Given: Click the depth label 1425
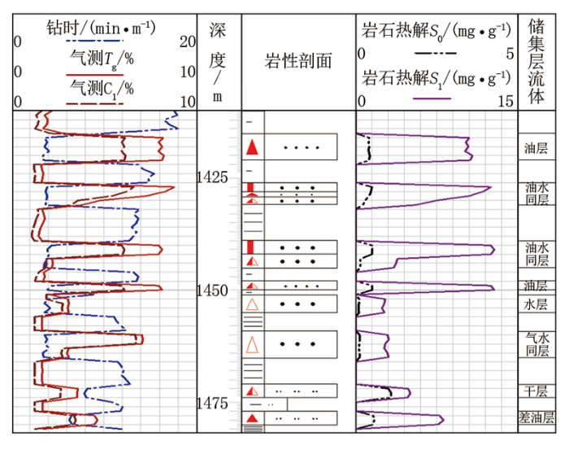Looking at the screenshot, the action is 212,177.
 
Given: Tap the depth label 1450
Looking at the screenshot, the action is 212,290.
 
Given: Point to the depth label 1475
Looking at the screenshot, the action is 212,404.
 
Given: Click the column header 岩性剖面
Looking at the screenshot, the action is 298,61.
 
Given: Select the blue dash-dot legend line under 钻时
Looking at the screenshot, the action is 95,41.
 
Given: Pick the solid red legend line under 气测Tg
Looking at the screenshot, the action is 95,75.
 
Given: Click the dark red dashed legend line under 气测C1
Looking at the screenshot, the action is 95,104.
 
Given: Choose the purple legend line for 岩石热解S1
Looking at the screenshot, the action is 432,98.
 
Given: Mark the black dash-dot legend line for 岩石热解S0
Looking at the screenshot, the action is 436,54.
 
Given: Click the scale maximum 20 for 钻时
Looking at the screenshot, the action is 188,42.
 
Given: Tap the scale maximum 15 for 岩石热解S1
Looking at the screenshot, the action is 506,102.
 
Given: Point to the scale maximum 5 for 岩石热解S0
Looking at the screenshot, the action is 510,54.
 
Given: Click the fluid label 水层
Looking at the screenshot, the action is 536,304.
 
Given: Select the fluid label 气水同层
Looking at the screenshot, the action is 537,344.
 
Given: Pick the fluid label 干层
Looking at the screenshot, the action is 536,391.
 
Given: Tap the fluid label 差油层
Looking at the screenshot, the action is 536,417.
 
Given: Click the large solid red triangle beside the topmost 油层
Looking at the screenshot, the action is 252,147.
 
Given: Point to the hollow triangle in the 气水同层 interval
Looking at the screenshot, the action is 252,344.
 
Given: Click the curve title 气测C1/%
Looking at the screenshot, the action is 102,89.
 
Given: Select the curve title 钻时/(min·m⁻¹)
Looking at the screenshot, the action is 102,28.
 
